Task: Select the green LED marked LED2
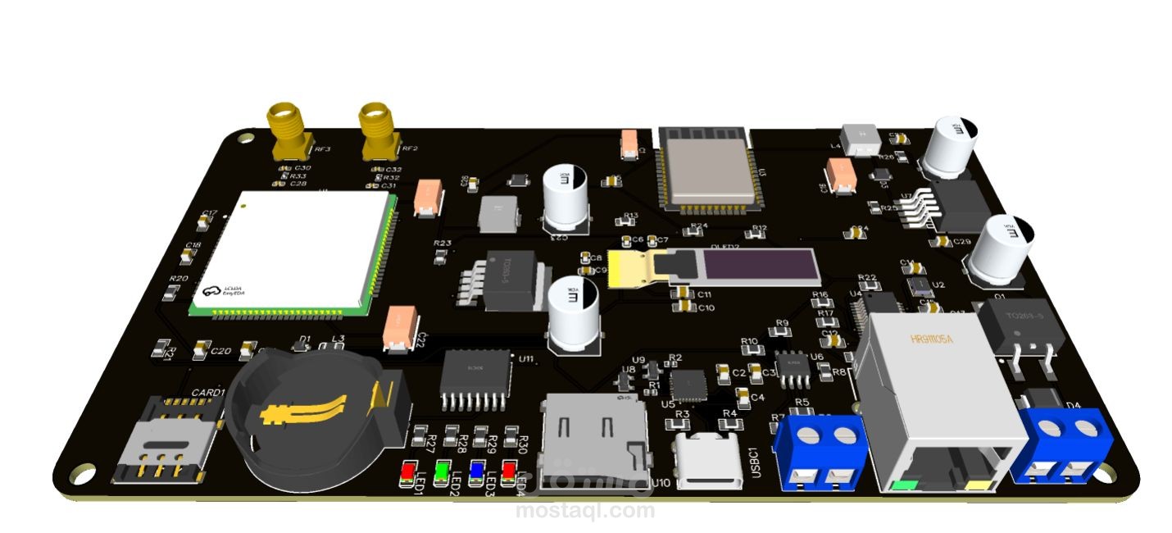coord(441,471)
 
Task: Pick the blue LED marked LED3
coord(475,471)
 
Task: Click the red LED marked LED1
coord(407,472)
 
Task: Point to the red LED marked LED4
coord(509,470)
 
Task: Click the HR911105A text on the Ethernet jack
coord(932,339)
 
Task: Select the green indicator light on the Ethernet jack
coord(902,485)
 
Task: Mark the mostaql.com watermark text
coord(586,511)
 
